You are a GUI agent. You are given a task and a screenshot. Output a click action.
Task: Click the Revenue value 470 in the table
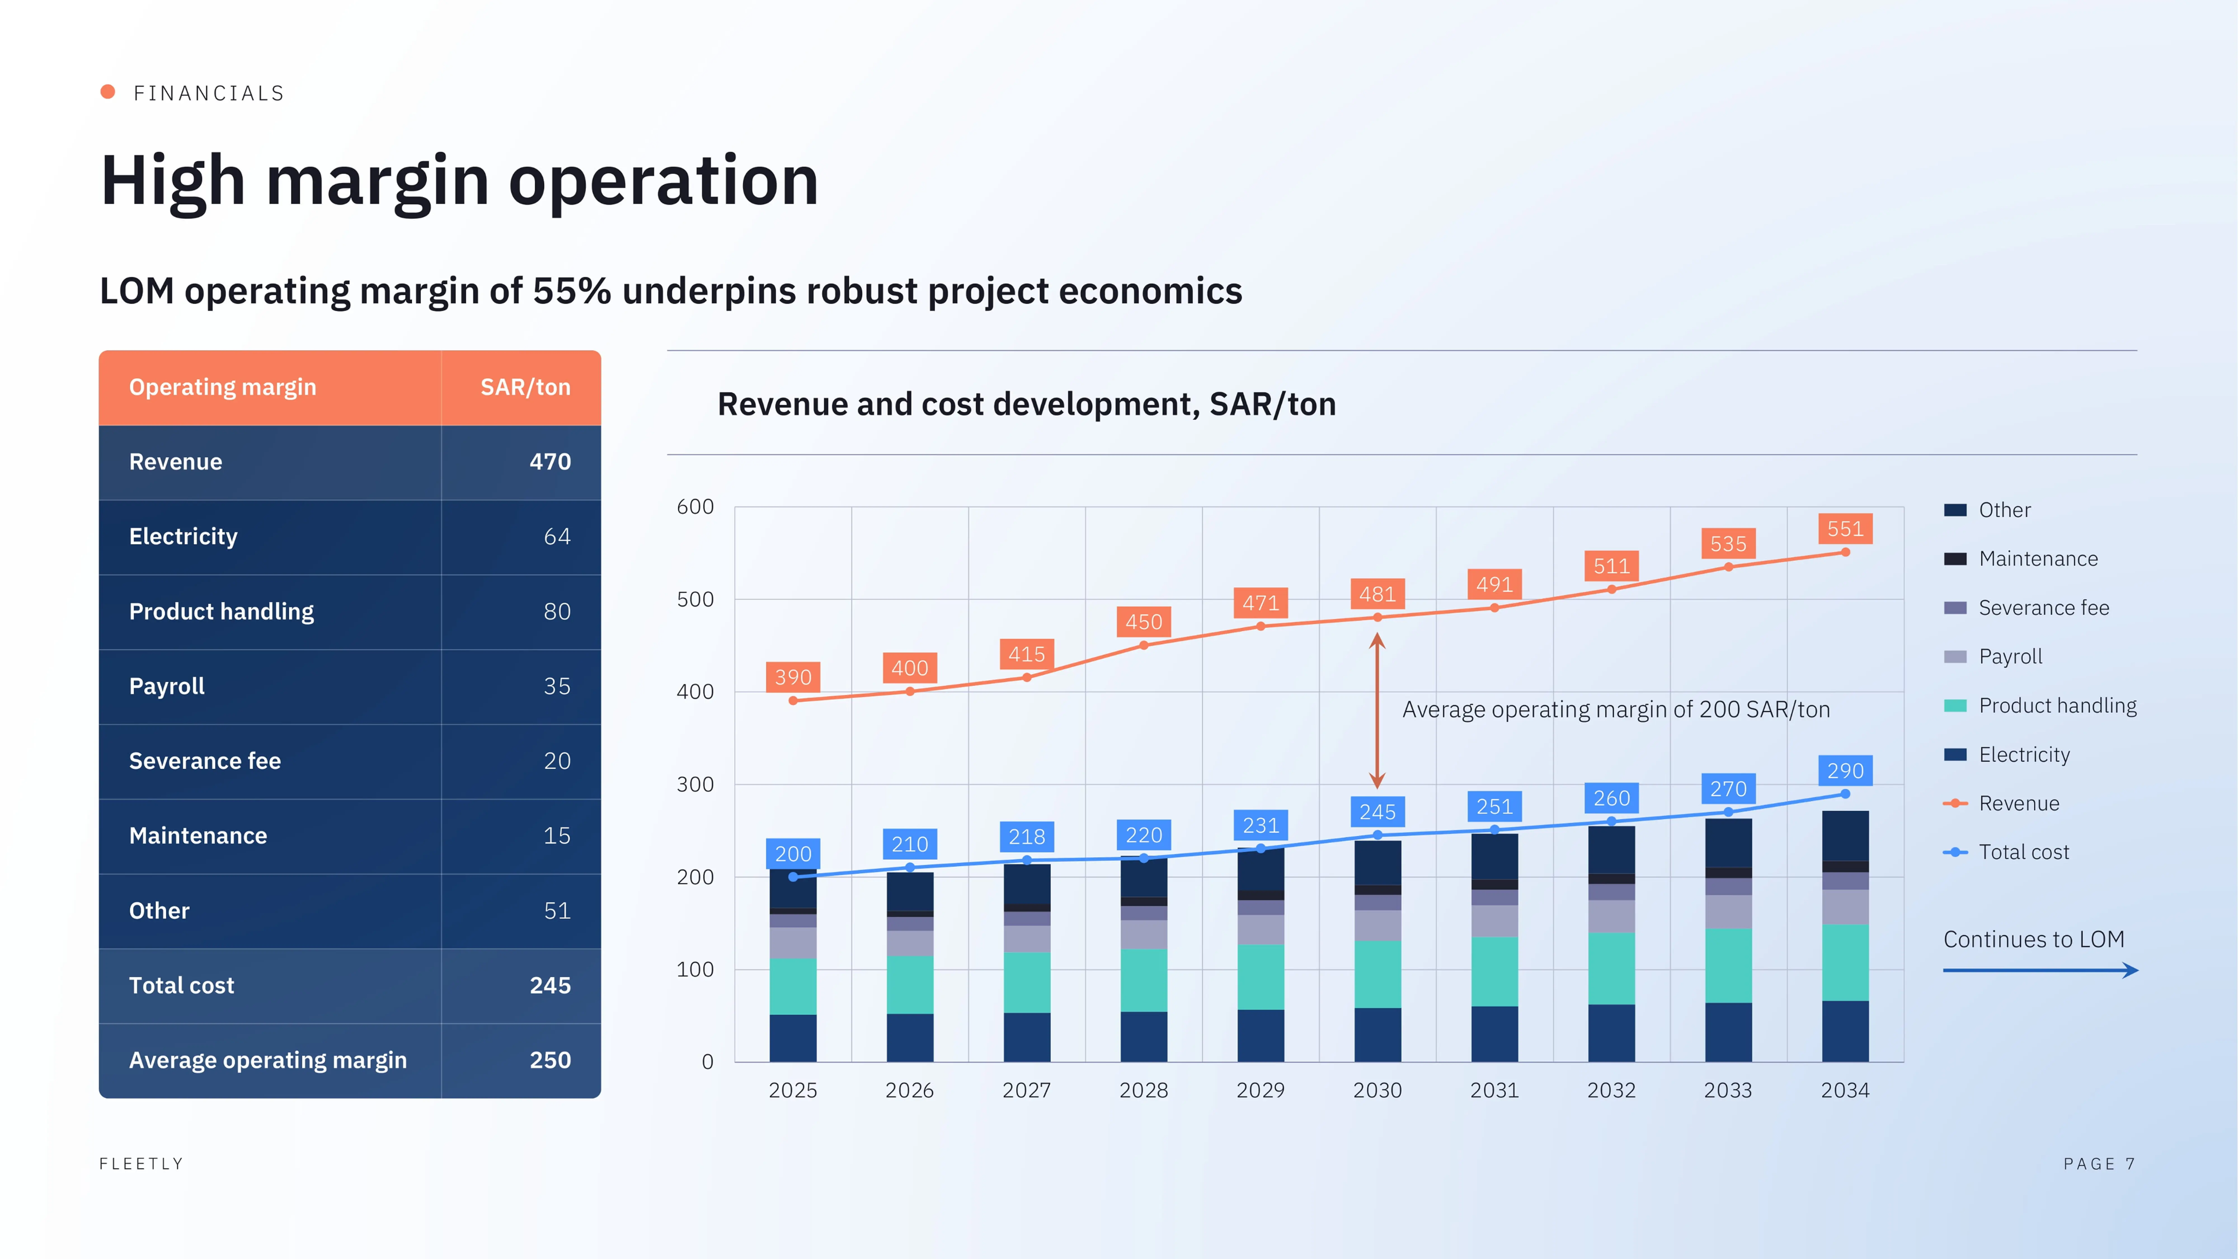coord(550,462)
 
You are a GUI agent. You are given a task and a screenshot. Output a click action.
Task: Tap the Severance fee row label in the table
coord(205,761)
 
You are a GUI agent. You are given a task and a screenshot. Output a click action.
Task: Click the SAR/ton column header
coord(526,387)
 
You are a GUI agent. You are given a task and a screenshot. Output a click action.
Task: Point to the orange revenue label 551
coord(1844,529)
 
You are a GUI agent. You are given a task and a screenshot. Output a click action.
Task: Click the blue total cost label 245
coord(1377,812)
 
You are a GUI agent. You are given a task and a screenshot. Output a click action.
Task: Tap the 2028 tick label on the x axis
coord(1143,1091)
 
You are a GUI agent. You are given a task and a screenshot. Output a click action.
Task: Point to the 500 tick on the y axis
coord(695,600)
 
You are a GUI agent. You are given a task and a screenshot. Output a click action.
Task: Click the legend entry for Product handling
coord(2040,706)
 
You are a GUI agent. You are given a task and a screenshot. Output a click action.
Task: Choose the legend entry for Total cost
coord(2006,852)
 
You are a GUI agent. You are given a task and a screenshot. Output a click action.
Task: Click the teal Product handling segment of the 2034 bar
coord(1844,963)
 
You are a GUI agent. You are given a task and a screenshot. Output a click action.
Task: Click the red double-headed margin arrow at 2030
coord(1377,711)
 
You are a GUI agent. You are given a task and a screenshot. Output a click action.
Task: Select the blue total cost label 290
coord(1844,771)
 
